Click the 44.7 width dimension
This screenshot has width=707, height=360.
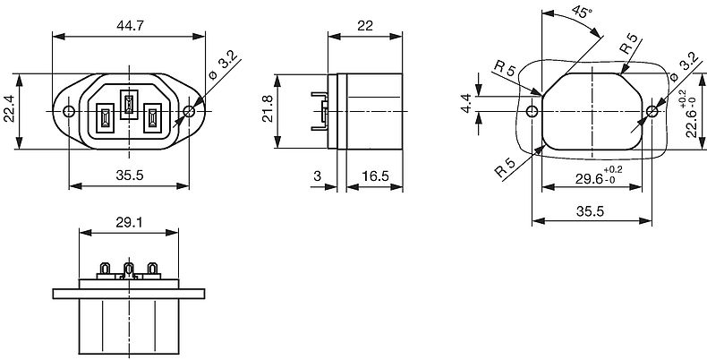tap(130, 25)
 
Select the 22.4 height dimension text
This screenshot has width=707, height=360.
tap(9, 111)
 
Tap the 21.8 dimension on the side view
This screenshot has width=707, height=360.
tap(268, 111)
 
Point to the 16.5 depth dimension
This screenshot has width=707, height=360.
tap(375, 176)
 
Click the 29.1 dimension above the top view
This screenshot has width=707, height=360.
tap(129, 222)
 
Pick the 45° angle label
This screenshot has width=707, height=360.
tap(582, 13)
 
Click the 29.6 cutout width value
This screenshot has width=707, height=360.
tap(589, 179)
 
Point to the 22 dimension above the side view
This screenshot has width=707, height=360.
tap(365, 26)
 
